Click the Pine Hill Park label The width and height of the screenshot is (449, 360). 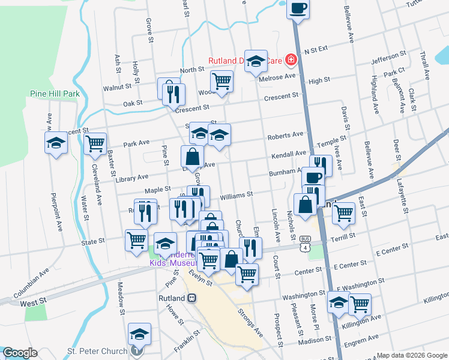tap(55, 94)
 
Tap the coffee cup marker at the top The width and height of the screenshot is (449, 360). tap(298, 9)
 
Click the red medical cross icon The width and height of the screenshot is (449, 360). tap(291, 59)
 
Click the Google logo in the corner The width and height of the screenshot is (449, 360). tap(20, 353)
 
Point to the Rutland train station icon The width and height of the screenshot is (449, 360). tap(192, 298)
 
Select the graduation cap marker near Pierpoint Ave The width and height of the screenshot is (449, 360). tap(56, 143)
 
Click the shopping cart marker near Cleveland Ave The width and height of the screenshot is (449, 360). tap(95, 144)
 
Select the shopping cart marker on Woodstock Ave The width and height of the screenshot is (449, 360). tap(221, 82)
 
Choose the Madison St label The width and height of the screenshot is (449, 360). tap(309, 341)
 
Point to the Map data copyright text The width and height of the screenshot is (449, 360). tap(412, 355)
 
